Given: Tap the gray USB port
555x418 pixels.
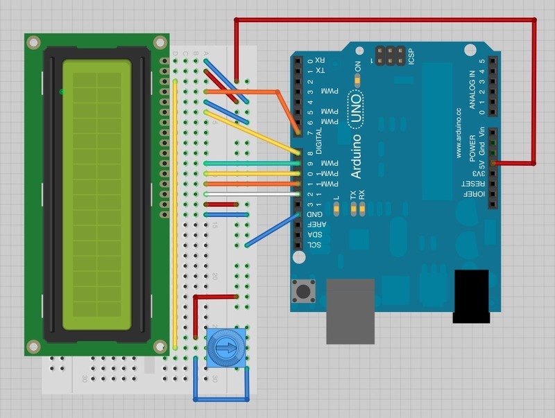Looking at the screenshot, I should [x=351, y=311].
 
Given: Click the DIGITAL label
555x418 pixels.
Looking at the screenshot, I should [x=320, y=139].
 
